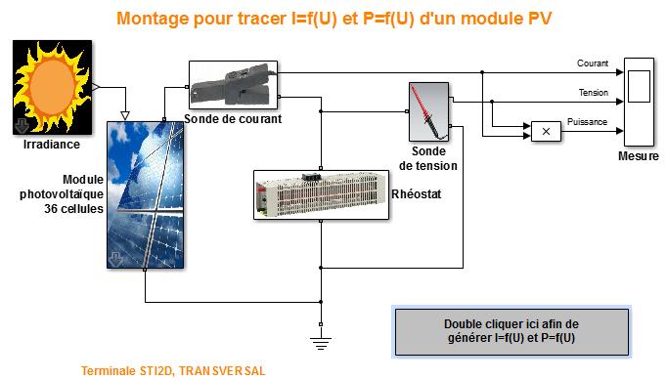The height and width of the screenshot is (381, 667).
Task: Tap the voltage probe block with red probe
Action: (x=427, y=113)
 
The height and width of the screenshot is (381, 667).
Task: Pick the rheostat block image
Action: (x=322, y=193)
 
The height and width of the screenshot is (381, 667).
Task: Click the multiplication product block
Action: (x=547, y=130)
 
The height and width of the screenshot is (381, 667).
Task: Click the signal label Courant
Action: (x=593, y=64)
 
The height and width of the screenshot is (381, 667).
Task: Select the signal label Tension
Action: (x=593, y=93)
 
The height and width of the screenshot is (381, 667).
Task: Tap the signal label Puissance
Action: (x=588, y=121)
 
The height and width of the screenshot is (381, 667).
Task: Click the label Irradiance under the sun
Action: (x=52, y=145)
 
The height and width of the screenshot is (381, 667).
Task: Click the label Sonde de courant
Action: (x=233, y=119)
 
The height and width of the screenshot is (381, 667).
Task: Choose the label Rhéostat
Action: (x=417, y=194)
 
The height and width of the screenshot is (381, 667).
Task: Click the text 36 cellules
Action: (x=74, y=208)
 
